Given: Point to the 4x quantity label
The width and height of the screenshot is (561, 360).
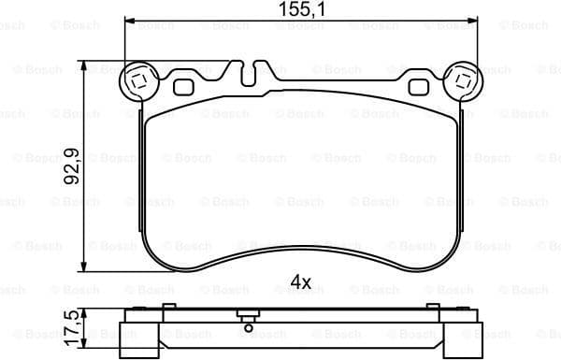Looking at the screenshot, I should point(301,281).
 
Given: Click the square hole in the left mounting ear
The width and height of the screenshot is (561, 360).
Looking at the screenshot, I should point(139,81).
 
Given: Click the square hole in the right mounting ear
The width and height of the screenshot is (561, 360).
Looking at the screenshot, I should point(462,81).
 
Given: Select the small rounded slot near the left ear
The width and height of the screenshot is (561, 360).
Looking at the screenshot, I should point(183,87).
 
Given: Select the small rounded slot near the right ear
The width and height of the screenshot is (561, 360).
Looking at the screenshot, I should point(418,87).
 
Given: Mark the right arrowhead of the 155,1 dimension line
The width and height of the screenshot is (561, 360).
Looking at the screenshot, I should point(471,23).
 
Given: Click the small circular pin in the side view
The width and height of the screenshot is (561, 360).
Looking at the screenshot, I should point(246,326).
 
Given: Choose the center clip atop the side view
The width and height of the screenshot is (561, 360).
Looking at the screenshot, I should point(246,315).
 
